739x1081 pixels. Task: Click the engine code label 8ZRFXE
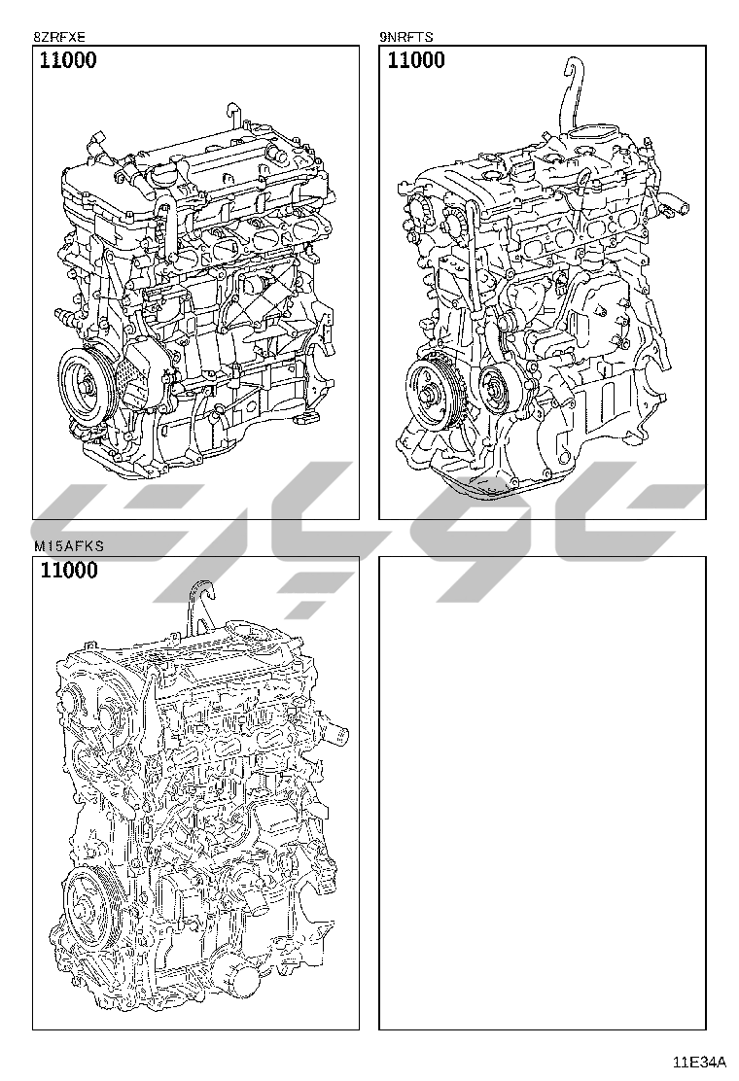pyautogui.click(x=59, y=37)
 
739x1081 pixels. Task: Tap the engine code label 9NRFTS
pyautogui.click(x=406, y=37)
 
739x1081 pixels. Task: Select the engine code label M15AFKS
pyautogui.click(x=68, y=546)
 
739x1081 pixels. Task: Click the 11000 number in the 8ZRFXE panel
pyautogui.click(x=68, y=60)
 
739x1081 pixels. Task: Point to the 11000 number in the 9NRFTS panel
pyautogui.click(x=416, y=60)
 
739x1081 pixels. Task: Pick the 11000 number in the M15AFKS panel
pyautogui.click(x=69, y=570)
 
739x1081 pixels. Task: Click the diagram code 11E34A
pyautogui.click(x=700, y=1061)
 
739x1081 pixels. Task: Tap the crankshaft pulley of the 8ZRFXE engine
pyautogui.click(x=88, y=387)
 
